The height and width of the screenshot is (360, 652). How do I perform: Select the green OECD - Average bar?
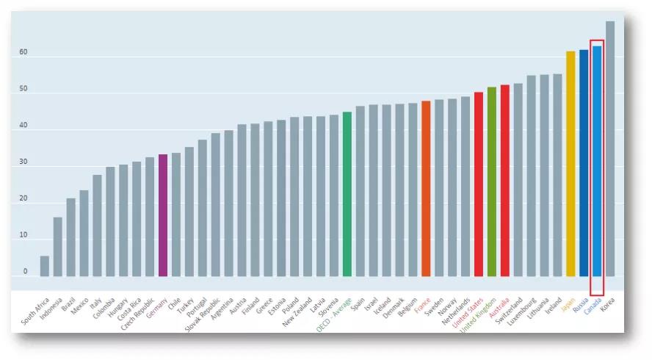(x=347, y=194)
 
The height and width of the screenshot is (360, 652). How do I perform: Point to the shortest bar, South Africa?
(x=45, y=266)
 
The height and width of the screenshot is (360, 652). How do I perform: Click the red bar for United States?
(x=479, y=184)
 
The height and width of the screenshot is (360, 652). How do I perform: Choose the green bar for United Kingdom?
(x=492, y=182)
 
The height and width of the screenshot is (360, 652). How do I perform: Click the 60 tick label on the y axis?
(x=23, y=53)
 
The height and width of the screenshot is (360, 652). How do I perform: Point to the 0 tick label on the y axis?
(x=25, y=272)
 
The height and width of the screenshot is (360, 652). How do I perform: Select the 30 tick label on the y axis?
(x=23, y=162)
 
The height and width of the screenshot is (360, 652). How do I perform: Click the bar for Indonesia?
(x=57, y=246)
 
